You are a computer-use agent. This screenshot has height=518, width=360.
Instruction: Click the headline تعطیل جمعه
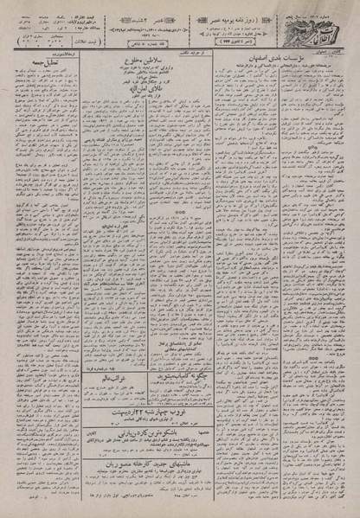click(x=42, y=83)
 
